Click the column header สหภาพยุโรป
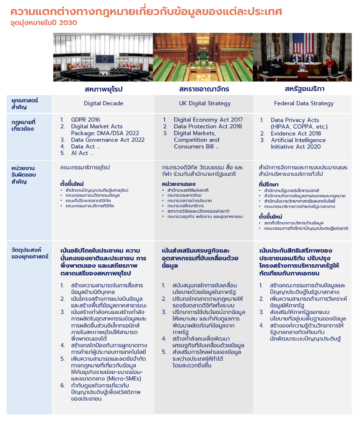104,89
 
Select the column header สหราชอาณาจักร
204,89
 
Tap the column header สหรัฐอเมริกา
304,89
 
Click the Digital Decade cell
104,103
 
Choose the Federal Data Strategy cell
303,103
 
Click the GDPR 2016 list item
85,120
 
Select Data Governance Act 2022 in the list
108,140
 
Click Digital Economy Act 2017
208,120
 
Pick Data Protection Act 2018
207,126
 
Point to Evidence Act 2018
295,133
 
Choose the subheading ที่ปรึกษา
269,184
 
